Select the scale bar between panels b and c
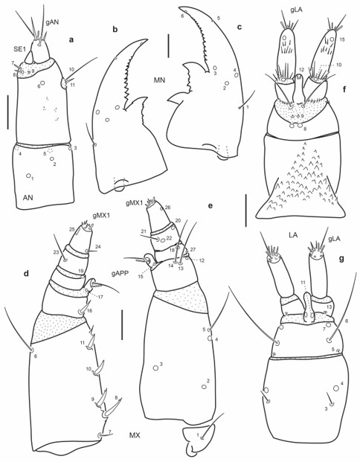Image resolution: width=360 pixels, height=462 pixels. [169, 44]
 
